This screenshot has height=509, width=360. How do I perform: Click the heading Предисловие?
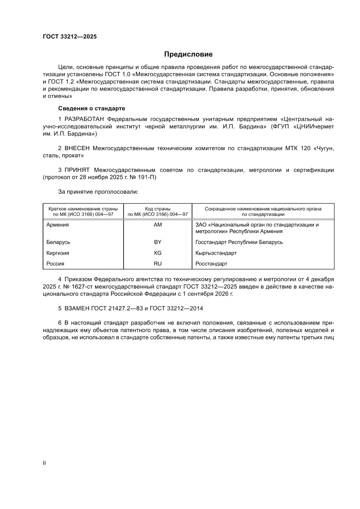coord(188,54)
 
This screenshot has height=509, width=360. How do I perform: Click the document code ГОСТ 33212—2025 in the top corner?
coord(70,37)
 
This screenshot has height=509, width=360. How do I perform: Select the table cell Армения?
coord(57,225)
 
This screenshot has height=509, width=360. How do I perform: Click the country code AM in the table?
coord(158,225)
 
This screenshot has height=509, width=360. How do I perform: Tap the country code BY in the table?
coord(158,242)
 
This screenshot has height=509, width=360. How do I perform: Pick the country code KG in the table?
coord(158,253)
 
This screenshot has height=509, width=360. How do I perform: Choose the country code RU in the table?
coord(158,264)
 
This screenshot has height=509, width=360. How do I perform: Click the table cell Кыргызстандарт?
coord(216,253)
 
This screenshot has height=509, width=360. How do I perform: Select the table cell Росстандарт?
coord(212,264)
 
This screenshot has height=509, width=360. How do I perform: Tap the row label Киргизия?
coord(58,253)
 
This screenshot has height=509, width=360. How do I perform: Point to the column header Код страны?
coord(158,209)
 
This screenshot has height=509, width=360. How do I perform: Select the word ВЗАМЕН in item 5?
coord(77,308)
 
